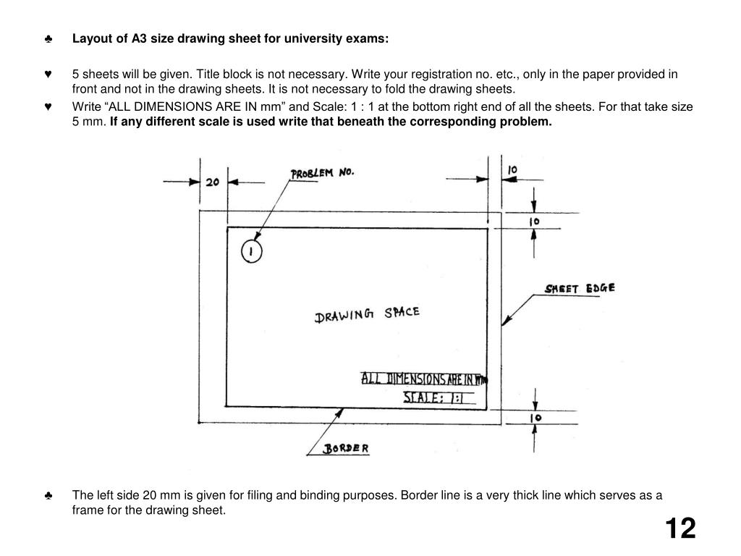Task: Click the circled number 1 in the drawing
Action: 251,251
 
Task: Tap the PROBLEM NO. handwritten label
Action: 322,174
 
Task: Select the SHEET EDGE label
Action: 580,288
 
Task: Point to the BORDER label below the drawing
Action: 346,448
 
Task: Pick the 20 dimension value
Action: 212,182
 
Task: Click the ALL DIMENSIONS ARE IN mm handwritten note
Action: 424,379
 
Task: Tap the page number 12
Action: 679,528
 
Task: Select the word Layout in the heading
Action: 90,38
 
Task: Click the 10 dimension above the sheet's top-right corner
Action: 512,169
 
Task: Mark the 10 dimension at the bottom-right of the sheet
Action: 536,418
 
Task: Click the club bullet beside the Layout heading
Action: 48,39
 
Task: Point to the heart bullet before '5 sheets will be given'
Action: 48,74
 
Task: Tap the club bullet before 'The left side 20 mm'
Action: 48,496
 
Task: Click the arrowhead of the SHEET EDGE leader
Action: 504,321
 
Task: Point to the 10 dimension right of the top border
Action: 536,221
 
